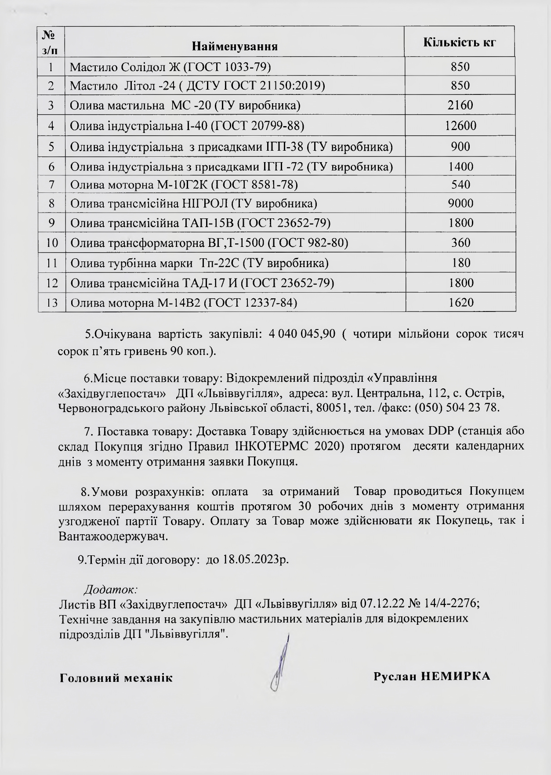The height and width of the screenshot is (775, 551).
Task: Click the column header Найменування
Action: pos(235,46)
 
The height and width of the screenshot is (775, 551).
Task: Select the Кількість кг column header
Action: pos(459,42)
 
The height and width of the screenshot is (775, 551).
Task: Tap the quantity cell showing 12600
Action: pos(460,126)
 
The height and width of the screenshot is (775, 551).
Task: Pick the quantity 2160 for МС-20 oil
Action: pos(460,105)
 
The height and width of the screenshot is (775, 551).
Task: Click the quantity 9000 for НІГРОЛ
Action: pos(460,203)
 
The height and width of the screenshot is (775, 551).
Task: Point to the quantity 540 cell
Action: pos(460,184)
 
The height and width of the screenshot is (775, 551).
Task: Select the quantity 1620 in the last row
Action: pos(460,302)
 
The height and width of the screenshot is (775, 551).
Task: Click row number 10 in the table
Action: pos(52,243)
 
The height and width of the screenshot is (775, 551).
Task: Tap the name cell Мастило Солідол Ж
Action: pos(170,67)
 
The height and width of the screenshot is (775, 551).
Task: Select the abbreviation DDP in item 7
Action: pos(441,430)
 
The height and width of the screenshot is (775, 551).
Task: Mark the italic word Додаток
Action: pos(110,589)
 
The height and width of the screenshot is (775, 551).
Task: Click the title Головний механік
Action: pos(116,677)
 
